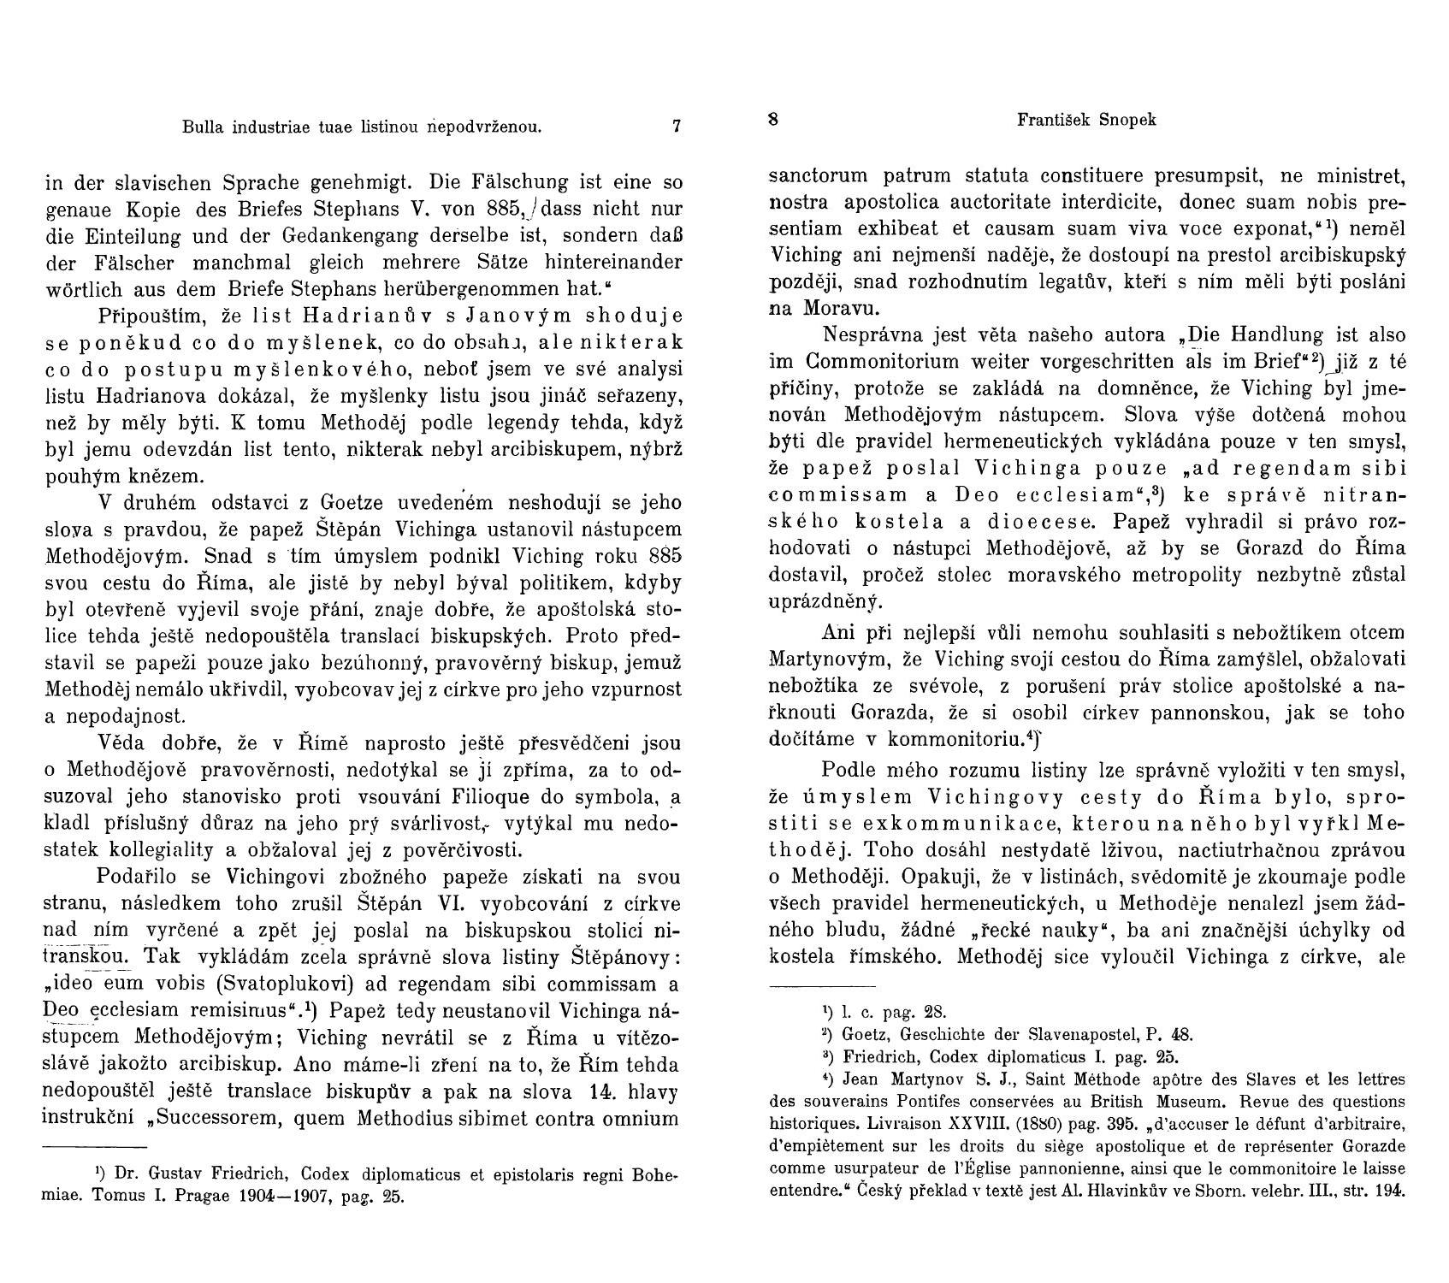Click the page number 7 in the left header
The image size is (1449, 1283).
676,127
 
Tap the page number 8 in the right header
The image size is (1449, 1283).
773,120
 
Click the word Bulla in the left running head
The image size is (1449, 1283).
200,127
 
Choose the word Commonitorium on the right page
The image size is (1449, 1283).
896,360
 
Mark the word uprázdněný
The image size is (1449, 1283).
825,602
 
